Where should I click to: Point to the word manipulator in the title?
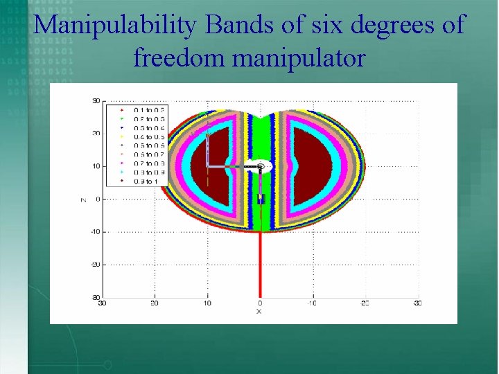299,58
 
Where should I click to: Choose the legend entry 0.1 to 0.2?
146,109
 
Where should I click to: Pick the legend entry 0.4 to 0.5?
146,136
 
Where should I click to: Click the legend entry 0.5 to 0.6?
146,145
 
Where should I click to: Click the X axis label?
259,312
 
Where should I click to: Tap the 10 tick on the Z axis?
96,166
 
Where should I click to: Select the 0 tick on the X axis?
260,303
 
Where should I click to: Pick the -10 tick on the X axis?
312,303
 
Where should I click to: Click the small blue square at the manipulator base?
261,199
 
